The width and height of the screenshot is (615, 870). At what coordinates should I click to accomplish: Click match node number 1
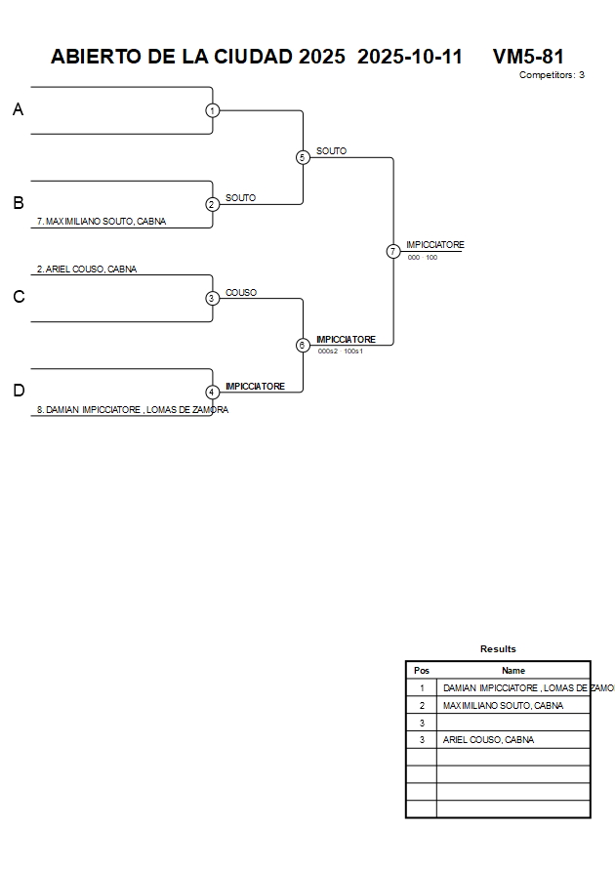coord(212,110)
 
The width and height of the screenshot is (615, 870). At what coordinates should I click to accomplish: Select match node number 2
coord(212,204)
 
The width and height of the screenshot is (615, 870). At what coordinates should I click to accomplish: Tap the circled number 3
coord(212,298)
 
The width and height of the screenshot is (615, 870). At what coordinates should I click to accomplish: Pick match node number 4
coord(212,392)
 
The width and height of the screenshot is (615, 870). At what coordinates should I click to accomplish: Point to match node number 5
coord(303,157)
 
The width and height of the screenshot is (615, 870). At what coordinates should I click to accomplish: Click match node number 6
coord(303,345)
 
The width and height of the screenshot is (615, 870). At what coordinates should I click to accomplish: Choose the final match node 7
coord(393,251)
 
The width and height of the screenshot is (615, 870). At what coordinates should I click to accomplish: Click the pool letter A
coord(18,110)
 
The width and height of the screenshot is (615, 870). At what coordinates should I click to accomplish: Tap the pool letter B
coord(18,204)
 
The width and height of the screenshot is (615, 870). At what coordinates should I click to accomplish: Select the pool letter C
coord(18,298)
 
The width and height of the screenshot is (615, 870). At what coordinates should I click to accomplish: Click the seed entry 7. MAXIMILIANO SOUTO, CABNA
coord(101,222)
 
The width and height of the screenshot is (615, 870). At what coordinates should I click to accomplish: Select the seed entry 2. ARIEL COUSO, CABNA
coord(87,269)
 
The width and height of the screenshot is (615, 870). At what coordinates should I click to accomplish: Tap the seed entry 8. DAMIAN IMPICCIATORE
coord(132,410)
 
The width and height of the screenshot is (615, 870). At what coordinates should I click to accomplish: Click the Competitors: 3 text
coord(552,75)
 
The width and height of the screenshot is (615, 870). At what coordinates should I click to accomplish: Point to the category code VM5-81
coord(528,57)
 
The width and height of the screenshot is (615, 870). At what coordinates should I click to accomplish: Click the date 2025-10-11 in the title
coord(410,57)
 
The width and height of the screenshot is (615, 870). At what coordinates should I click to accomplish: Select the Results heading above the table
coord(498,648)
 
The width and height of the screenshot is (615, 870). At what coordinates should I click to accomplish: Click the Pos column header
coord(422,671)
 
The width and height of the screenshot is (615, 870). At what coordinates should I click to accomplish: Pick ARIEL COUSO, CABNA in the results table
coord(488,739)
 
